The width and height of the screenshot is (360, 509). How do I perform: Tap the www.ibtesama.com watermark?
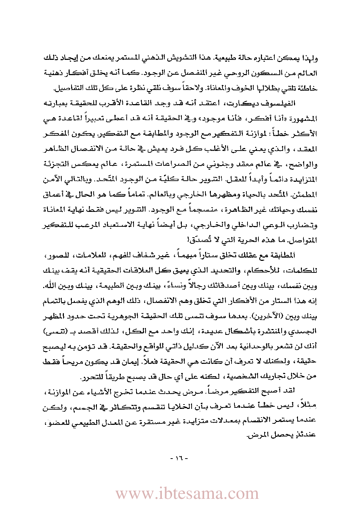tap(187, 494)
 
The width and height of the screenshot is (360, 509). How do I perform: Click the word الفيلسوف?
tap(281, 103)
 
